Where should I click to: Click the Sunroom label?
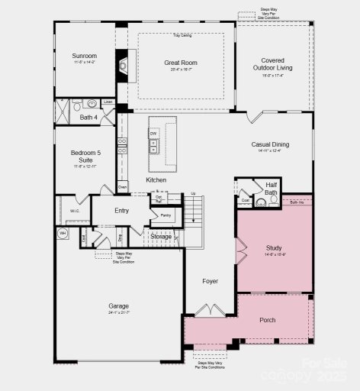point(85,56)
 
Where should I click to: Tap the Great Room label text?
point(181,63)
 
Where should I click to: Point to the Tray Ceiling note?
point(182,34)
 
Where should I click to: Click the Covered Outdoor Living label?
point(272,64)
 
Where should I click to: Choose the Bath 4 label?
point(89,118)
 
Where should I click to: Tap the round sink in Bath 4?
point(92,103)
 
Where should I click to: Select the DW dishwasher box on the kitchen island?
point(153,134)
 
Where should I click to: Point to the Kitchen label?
point(156,179)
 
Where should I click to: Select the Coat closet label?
point(245,202)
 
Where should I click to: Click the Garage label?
point(118,305)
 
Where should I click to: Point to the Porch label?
point(267,320)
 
